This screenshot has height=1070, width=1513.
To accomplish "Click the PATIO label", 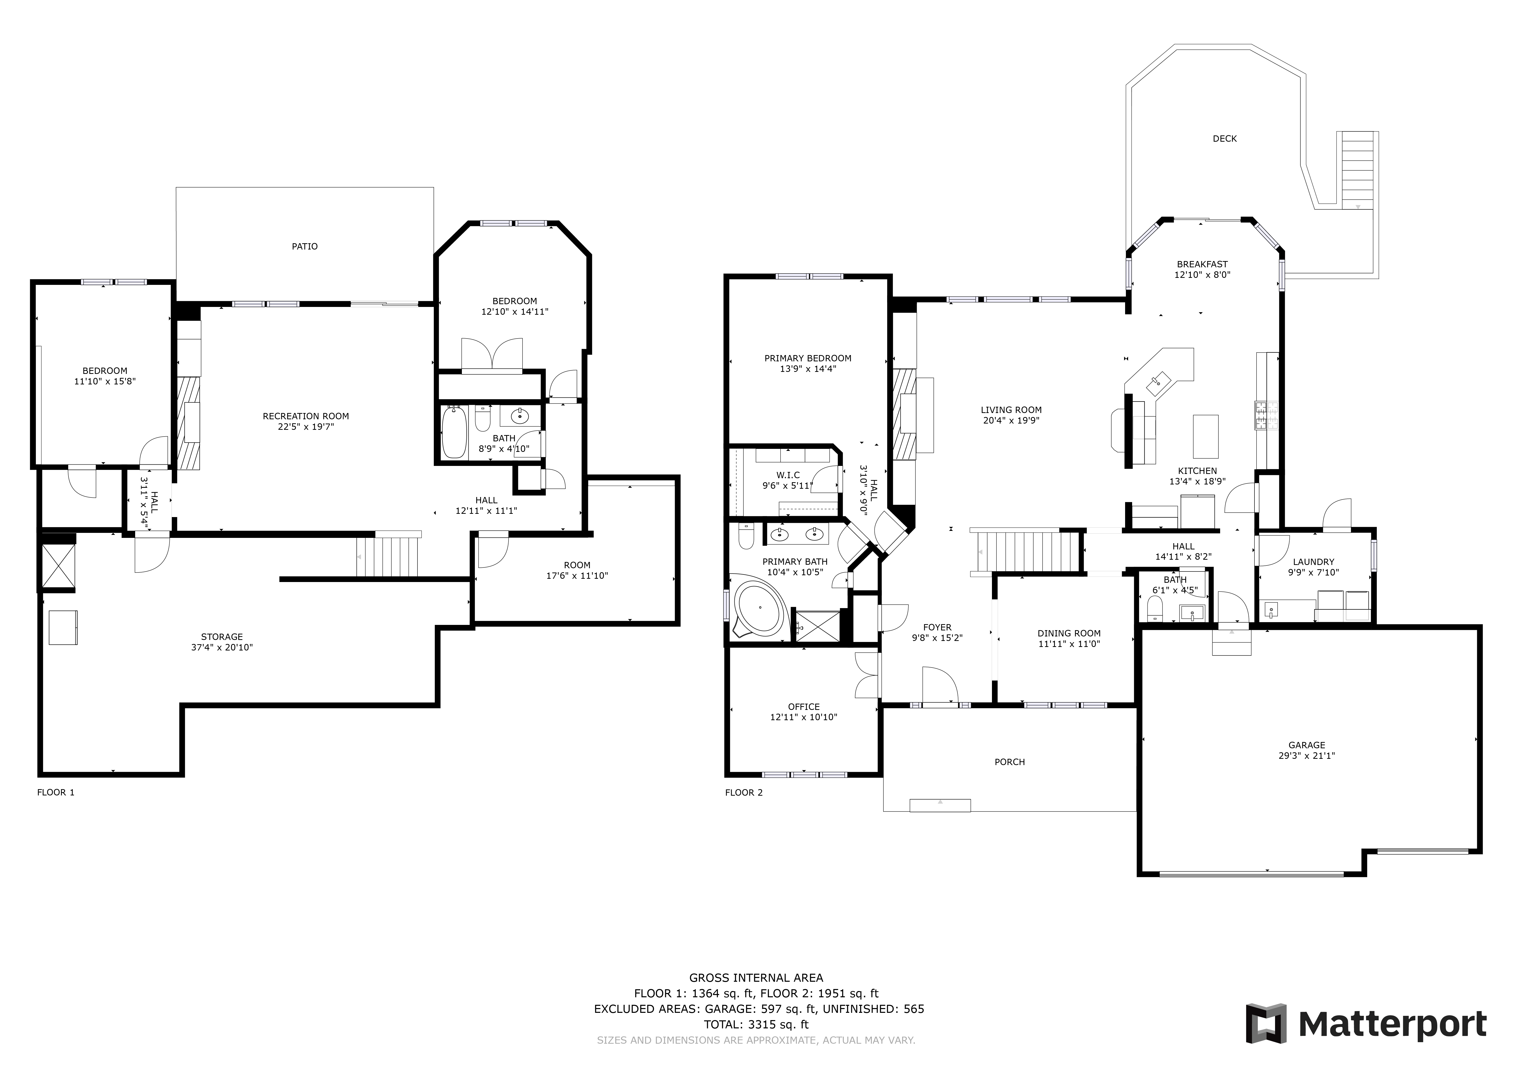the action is coord(304,246).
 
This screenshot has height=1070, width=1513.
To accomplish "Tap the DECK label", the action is coord(1224,138).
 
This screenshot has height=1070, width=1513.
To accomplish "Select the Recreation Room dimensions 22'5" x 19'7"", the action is coord(306,426).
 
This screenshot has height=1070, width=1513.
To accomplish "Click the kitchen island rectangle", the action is coord(1206,436).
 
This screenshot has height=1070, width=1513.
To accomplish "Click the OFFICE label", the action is coord(804,706).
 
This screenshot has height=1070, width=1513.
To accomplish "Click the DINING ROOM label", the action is coord(1069,633).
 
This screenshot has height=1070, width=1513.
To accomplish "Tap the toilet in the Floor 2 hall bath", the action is coord(1154,609).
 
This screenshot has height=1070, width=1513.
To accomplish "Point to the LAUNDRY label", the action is coord(1313,562).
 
